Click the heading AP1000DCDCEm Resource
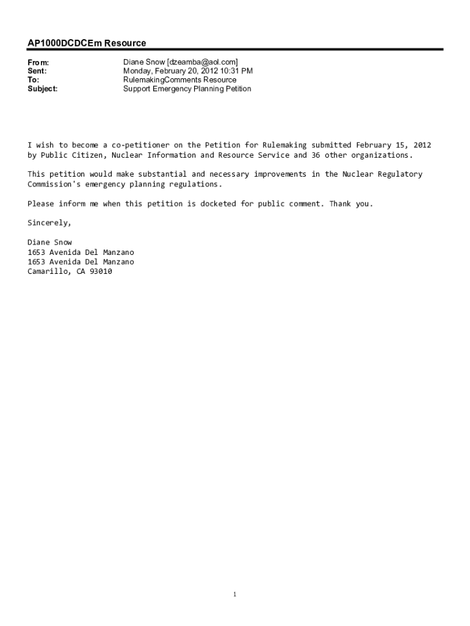tap(87, 43)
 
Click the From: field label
tap(38, 62)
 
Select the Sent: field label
tap(37, 71)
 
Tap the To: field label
tap(34, 80)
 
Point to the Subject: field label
tap(43, 89)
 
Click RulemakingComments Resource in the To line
tap(179, 80)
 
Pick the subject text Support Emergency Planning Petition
tap(187, 89)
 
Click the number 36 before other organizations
tap(316, 155)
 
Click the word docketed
tap(218, 204)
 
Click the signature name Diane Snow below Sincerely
tap(49, 242)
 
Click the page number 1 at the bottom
tap(235, 594)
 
